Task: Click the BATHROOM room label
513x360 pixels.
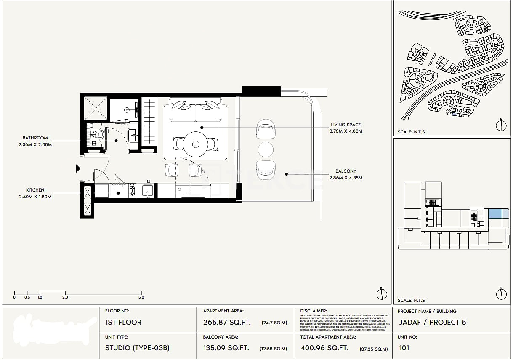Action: pyautogui.click(x=35, y=138)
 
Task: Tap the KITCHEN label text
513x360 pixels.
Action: pyautogui.click(x=35, y=190)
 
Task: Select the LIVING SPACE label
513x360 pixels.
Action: pyautogui.click(x=346, y=125)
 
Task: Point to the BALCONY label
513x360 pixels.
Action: pyautogui.click(x=346, y=171)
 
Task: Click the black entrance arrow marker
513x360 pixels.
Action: pyautogui.click(x=78, y=169)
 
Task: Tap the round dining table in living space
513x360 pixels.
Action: pyautogui.click(x=196, y=144)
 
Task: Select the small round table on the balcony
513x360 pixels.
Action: pyautogui.click(x=266, y=149)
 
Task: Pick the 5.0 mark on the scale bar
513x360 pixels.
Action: pyautogui.click(x=141, y=297)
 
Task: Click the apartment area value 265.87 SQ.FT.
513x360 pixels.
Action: pyautogui.click(x=227, y=322)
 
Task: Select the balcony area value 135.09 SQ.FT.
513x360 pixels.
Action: pyautogui.click(x=226, y=348)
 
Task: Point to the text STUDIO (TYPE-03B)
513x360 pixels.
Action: pyautogui.click(x=137, y=348)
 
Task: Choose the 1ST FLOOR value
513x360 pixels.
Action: pyautogui.click(x=123, y=322)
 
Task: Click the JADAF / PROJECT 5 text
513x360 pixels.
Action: pyautogui.click(x=432, y=322)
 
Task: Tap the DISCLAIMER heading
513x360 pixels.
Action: pyautogui.click(x=314, y=311)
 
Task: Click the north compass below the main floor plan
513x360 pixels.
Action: pyautogui.click(x=381, y=293)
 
